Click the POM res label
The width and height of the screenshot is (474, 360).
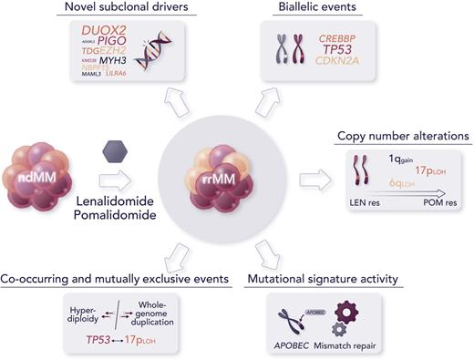[x=441, y=201]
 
